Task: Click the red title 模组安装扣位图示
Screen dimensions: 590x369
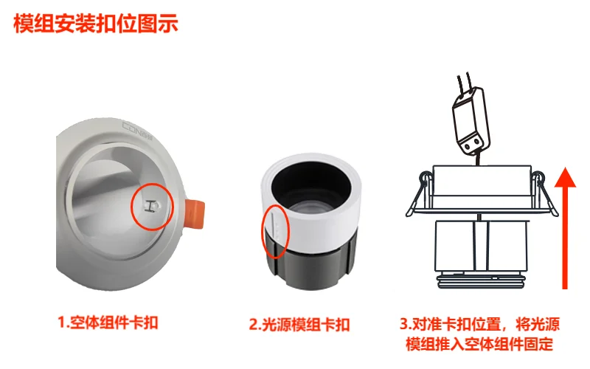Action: (96, 24)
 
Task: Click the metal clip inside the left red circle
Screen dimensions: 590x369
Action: (151, 206)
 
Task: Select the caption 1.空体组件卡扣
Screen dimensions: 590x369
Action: (108, 323)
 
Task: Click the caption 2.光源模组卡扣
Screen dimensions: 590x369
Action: (299, 325)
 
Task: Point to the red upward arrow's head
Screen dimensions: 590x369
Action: (565, 177)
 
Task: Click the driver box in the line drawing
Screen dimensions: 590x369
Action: (471, 120)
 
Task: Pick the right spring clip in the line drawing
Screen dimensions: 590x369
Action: (545, 195)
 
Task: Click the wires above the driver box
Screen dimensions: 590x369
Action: (465, 83)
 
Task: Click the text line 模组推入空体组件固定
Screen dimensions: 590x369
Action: (479, 344)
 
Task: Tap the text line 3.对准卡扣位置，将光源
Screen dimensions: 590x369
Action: (480, 324)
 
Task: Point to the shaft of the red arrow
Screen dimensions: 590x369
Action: (565, 238)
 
